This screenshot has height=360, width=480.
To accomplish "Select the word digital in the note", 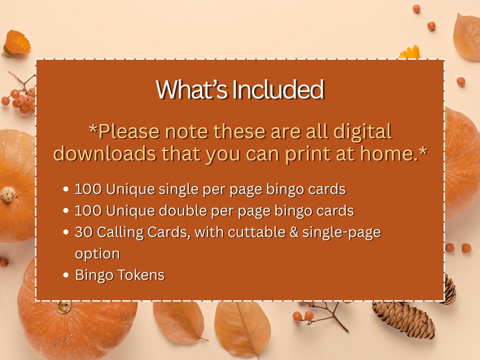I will tap(363, 132).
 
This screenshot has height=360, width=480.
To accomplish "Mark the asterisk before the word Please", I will tap(93, 129).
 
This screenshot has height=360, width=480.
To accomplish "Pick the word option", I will tap(97, 254).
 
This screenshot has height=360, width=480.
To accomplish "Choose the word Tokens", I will tap(141, 275).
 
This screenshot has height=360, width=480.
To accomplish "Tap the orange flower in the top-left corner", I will tap(17, 43).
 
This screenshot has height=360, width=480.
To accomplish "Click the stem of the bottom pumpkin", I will tap(64, 307).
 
